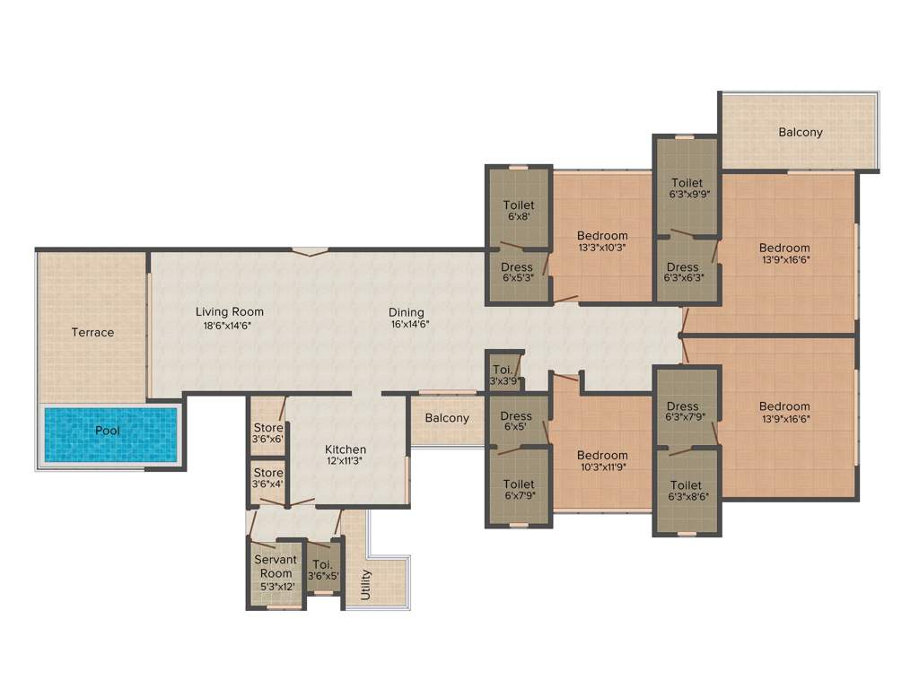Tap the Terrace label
[x=93, y=332]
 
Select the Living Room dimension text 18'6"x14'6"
[x=229, y=326]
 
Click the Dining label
[x=406, y=312]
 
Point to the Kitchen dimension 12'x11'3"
[x=345, y=461]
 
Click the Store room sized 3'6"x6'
[x=267, y=433]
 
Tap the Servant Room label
[x=276, y=566]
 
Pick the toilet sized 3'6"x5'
[x=323, y=571]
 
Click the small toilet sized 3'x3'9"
[x=503, y=375]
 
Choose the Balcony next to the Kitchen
[x=447, y=418]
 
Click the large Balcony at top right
[x=800, y=132]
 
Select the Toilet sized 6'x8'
[x=519, y=211]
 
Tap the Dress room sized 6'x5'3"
[x=517, y=273]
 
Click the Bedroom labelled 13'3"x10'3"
[x=602, y=241]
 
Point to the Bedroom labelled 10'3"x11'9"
[x=602, y=460]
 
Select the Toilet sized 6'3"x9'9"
[x=687, y=188]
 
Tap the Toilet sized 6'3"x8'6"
[x=687, y=490]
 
